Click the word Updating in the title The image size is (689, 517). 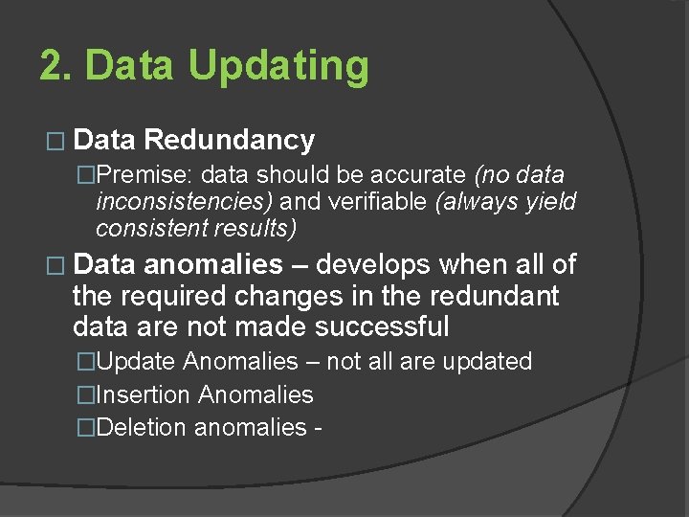(x=278, y=67)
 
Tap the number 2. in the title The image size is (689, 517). (x=56, y=66)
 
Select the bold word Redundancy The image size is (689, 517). (x=229, y=141)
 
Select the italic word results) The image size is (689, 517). (x=252, y=229)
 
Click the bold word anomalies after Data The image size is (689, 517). (x=213, y=264)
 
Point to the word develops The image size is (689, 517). (x=375, y=264)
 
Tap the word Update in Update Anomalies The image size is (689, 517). (x=136, y=362)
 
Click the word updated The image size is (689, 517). (x=488, y=362)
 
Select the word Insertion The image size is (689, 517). (x=143, y=394)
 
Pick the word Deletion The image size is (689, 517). (x=142, y=427)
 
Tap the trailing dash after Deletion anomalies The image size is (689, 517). (x=316, y=428)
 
